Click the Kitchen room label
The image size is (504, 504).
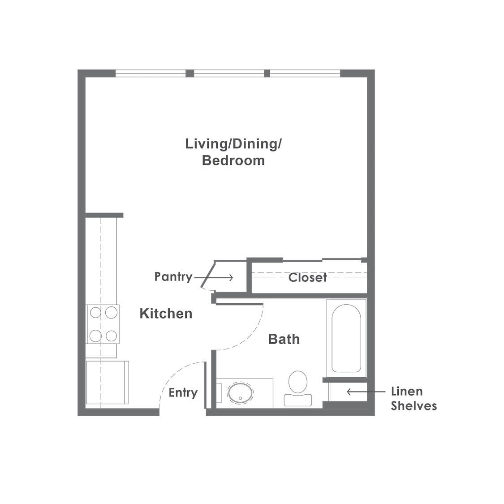coord(166,314)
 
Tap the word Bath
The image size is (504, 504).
coord(284,339)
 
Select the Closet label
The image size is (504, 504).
coord(308,277)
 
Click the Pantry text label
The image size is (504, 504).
coord(173,277)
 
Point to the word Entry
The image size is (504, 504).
coord(183,393)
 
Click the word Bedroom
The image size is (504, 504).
coord(233,160)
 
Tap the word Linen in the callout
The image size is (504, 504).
coord(407,392)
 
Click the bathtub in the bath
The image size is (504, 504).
coord(346,338)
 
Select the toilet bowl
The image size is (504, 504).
coord(298,382)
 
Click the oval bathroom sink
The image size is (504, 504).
coord(240,392)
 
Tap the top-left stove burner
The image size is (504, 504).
coord(95,312)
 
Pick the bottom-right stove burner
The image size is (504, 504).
coord(111,336)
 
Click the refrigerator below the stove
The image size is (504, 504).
coord(108,383)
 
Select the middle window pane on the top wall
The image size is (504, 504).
coord(229,73)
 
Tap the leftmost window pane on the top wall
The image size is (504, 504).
coord(151,73)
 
